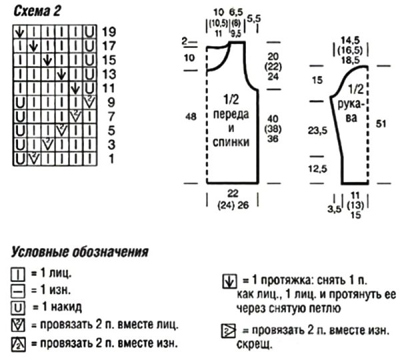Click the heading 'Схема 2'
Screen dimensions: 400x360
click(37, 11)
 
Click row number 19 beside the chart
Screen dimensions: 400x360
click(109, 31)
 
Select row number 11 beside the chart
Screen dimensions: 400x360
click(109, 88)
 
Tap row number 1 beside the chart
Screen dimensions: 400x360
click(111, 159)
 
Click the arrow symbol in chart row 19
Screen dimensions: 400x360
click(20, 32)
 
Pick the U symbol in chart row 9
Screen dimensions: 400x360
click(20, 103)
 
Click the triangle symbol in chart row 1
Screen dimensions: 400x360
click(34, 159)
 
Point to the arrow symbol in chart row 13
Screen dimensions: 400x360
click(62, 75)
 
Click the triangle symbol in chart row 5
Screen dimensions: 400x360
click(62, 131)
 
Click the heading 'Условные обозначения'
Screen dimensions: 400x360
click(79, 252)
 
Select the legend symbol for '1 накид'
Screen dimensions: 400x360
click(18, 308)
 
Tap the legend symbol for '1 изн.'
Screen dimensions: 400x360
click(18, 291)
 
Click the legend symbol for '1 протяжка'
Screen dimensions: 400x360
click(229, 281)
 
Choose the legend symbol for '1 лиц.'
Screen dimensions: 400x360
click(18, 274)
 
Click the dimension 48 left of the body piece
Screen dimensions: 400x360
click(191, 117)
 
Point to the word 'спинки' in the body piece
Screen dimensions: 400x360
click(231, 142)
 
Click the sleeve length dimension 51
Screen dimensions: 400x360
click(381, 124)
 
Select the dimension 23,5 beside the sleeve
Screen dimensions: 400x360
click(317, 131)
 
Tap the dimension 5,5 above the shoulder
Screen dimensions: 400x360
click(254, 19)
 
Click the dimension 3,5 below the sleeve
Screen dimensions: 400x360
click(335, 209)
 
